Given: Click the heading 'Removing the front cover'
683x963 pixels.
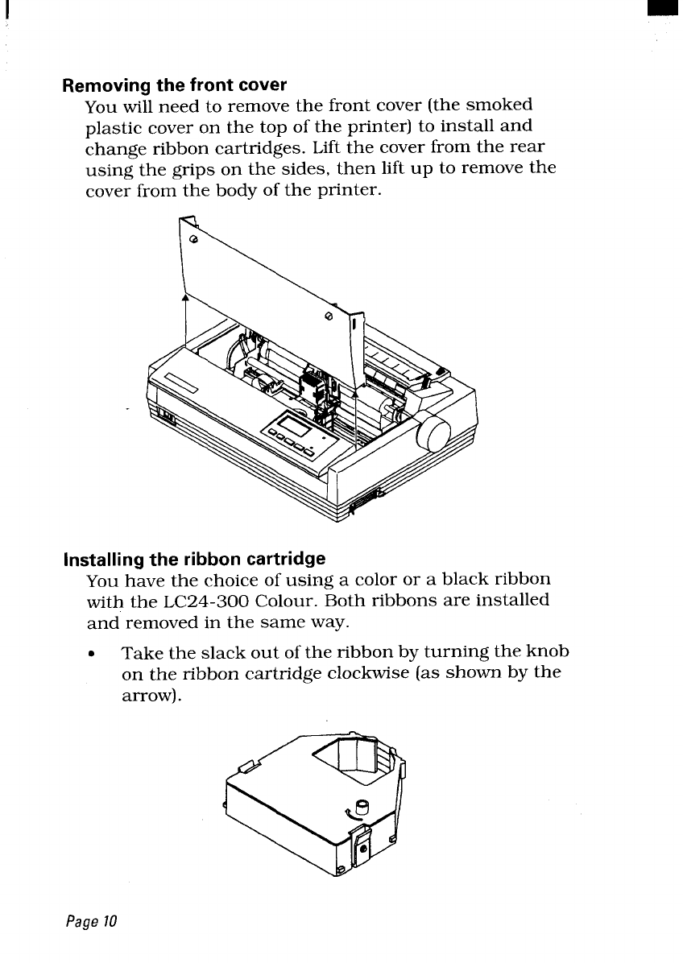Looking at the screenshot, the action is click(x=175, y=85).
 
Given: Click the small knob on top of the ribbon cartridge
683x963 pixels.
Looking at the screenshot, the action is click(x=361, y=804).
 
